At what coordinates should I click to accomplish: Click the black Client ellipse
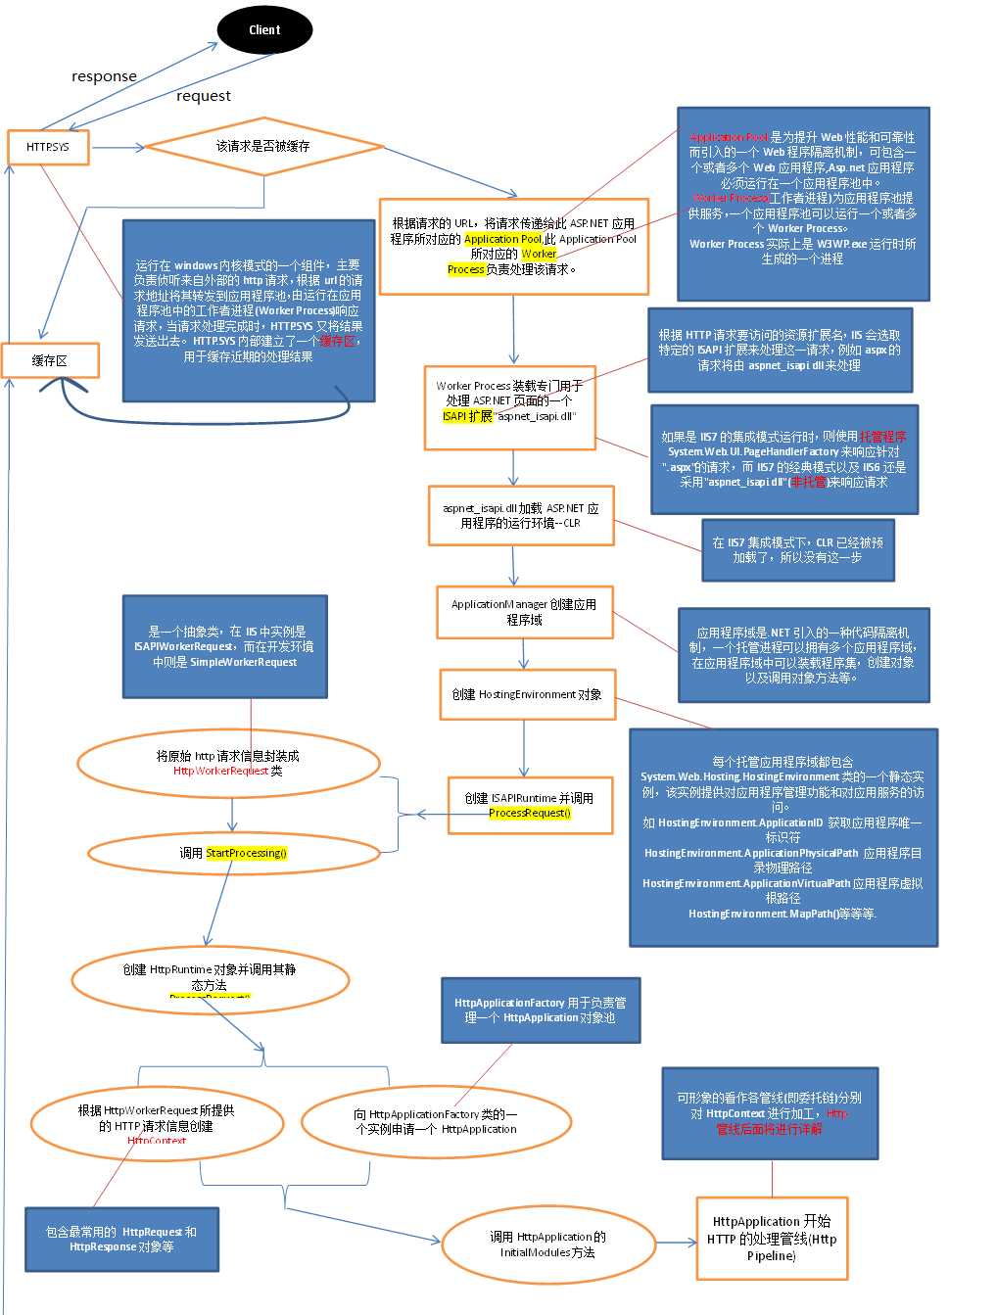(264, 30)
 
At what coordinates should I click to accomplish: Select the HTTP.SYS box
(48, 147)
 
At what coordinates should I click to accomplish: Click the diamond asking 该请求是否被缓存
(262, 146)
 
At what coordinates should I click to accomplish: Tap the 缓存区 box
(50, 360)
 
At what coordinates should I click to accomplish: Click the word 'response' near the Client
(104, 76)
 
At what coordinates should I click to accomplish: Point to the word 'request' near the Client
(204, 96)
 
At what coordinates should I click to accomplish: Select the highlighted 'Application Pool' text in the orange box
(502, 239)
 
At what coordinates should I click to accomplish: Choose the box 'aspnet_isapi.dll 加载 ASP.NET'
(521, 515)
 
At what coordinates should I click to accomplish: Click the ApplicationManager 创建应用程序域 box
(524, 612)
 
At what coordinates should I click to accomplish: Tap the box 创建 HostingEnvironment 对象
(527, 694)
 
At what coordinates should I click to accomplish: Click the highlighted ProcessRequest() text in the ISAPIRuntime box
(530, 813)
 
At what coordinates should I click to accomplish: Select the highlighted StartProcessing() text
(246, 853)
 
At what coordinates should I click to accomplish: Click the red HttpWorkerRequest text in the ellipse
(220, 771)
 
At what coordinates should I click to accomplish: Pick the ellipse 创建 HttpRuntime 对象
(223, 977)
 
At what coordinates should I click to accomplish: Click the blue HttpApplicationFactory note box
(541, 1010)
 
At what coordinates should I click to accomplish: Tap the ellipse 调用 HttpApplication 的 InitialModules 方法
(547, 1245)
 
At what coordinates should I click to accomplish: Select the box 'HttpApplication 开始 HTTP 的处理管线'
(772, 1238)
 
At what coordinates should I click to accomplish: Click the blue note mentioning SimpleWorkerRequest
(224, 646)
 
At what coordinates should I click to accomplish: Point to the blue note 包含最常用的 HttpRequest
(121, 1239)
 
